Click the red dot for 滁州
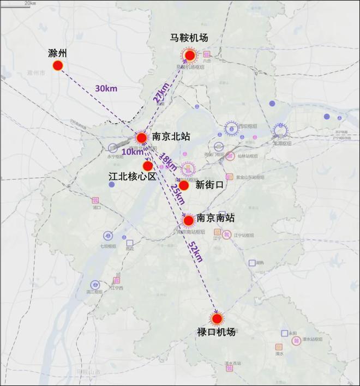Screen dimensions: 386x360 pyautogui.click(x=58, y=66)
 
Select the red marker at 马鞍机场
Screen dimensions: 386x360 pyautogui.click(x=190, y=55)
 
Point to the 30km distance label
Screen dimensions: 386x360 pyautogui.click(x=106, y=88)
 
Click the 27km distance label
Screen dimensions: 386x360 pyautogui.click(x=160, y=91)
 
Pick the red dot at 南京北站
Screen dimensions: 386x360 pyautogui.click(x=141, y=137)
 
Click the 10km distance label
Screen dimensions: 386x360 pyautogui.click(x=132, y=152)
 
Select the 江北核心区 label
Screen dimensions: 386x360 pyautogui.click(x=133, y=177)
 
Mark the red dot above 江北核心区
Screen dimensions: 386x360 pyautogui.click(x=148, y=166)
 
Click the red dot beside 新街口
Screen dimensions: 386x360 pyautogui.click(x=184, y=185)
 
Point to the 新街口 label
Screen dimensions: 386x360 pyautogui.click(x=210, y=185)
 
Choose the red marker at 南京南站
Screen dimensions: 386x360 pyautogui.click(x=188, y=221)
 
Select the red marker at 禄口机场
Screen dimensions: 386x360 pyautogui.click(x=217, y=319)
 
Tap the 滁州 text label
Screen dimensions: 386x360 pyautogui.click(x=58, y=53)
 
